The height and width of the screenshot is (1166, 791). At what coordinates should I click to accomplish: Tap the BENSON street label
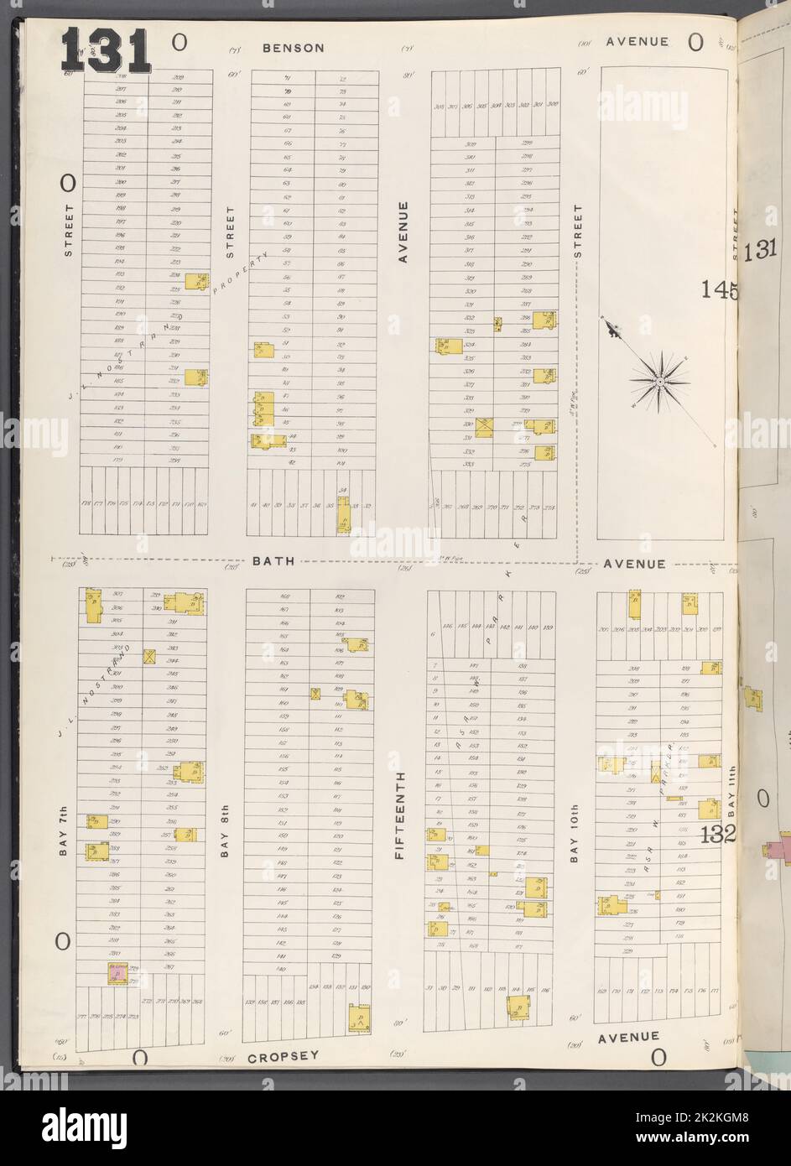[293, 48]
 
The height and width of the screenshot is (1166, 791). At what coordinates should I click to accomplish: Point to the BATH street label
[273, 561]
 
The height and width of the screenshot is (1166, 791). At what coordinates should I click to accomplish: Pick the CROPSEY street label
[283, 1056]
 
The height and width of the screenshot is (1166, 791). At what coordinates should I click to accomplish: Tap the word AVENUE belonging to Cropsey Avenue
[628, 1037]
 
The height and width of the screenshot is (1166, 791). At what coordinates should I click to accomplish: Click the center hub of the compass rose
[660, 381]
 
